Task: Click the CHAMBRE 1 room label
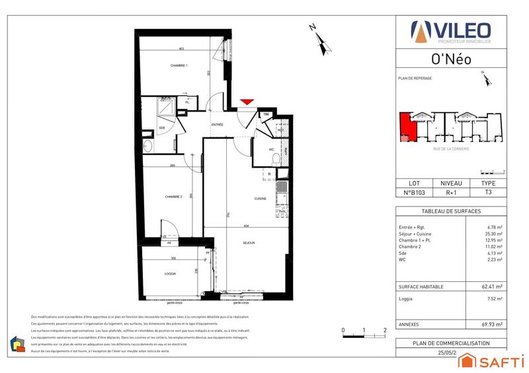tap(179, 65)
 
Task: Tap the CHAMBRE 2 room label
tap(173, 197)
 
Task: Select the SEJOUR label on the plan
tap(249, 243)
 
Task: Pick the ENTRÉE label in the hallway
tap(217, 124)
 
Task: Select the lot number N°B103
tap(414, 193)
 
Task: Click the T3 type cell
tap(488, 193)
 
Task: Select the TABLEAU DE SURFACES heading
tap(451, 211)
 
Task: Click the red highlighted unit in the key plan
tap(407, 127)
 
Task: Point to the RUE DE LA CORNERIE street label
tap(452, 149)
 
